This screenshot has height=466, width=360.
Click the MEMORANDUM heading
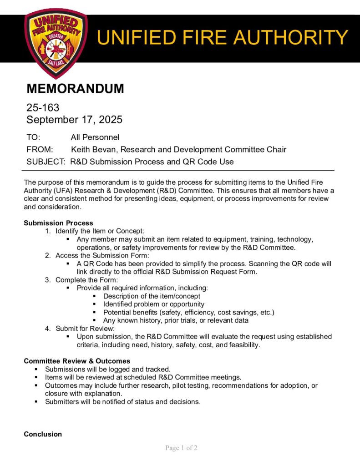(75, 89)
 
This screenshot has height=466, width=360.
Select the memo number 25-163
(43, 108)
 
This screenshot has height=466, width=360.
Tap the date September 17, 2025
(74, 120)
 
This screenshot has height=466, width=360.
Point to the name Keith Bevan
(94, 149)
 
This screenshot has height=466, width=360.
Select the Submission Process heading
(58, 223)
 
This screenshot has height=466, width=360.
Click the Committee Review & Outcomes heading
(77, 361)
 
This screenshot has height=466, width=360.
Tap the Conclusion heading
(43, 434)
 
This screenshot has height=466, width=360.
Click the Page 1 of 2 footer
(181, 448)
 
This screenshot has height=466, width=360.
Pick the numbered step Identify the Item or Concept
(100, 231)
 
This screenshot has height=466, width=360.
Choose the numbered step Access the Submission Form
(102, 255)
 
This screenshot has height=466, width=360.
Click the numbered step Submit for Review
(85, 328)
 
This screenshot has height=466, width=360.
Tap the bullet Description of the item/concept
(152, 296)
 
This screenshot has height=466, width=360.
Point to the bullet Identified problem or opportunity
(154, 304)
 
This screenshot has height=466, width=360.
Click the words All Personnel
(95, 137)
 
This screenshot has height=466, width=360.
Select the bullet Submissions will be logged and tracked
(107, 369)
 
